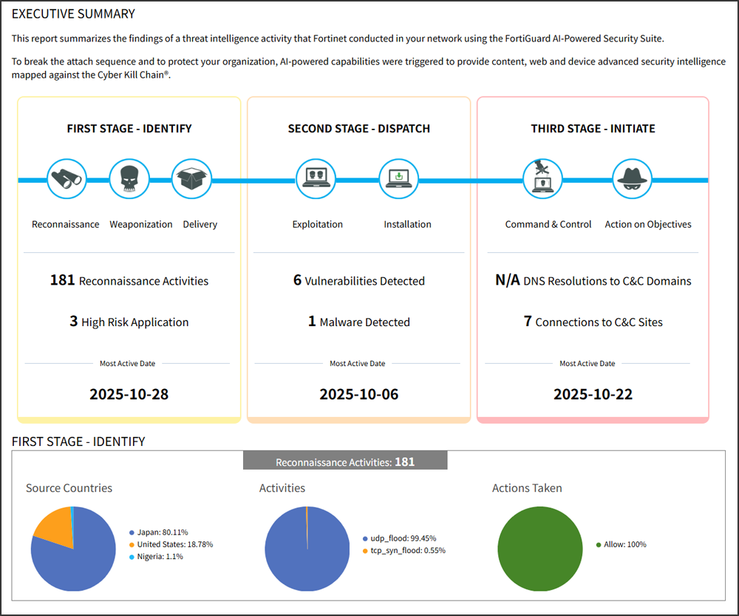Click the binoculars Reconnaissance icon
tap(67, 179)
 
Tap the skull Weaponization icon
tap(129, 179)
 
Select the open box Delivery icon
tap(192, 179)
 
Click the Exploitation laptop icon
tap(316, 179)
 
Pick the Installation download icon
tap(399, 179)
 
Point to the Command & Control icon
tap(543, 179)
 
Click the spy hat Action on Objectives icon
tap(633, 179)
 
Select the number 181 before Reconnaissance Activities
tap(63, 280)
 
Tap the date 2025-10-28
tap(129, 394)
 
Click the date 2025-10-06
tap(359, 394)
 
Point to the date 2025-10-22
tap(593, 394)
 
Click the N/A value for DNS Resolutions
tap(508, 280)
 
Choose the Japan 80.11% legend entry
tap(162, 532)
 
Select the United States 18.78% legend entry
tap(174, 544)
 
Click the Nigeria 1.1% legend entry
tap(160, 556)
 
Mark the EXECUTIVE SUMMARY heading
tap(73, 14)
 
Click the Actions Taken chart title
tap(527, 488)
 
